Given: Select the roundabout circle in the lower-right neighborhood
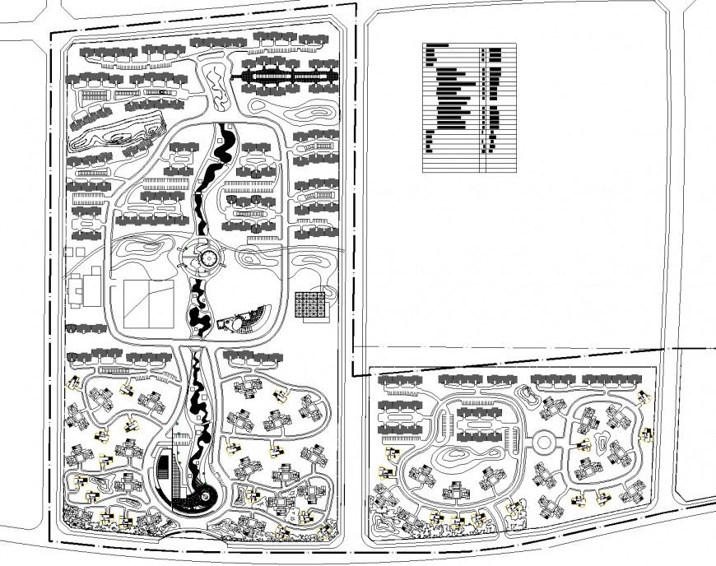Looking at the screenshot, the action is pos(544,443).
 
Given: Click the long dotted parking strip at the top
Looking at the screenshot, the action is pos(287,78).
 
